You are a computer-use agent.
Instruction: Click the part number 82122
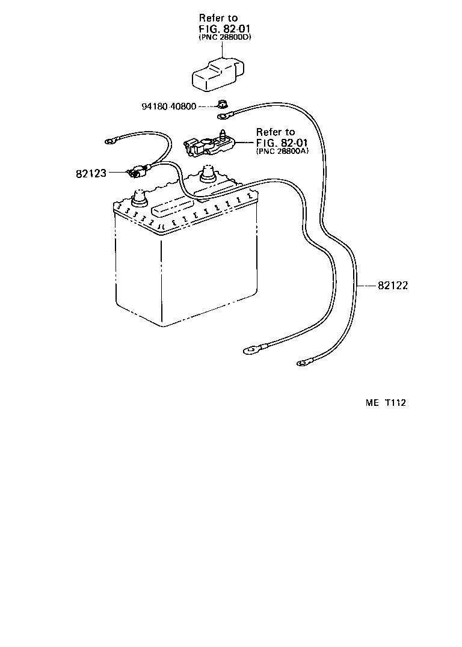pyautogui.click(x=393, y=286)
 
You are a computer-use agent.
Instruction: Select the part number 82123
pyautogui.click(x=91, y=173)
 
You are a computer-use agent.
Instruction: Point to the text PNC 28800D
pyautogui.click(x=225, y=37)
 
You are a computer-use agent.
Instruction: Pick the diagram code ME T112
pyautogui.click(x=385, y=403)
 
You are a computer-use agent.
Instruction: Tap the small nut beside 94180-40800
pyautogui.click(x=222, y=102)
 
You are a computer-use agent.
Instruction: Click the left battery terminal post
pyautogui.click(x=140, y=195)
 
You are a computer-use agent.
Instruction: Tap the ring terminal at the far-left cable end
pyautogui.click(x=112, y=142)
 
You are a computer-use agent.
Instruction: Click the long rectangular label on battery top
pyautogui.click(x=173, y=209)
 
